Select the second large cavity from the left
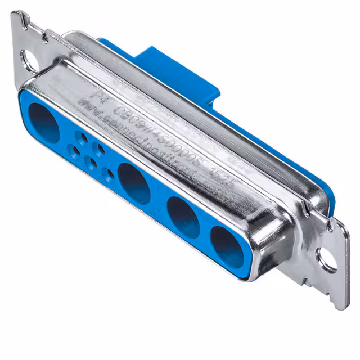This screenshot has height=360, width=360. [134, 183]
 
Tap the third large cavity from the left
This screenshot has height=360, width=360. [183, 214]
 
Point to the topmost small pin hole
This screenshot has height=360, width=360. [84, 136]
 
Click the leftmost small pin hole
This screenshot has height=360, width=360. [74, 150]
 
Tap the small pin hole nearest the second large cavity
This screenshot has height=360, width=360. [109, 173]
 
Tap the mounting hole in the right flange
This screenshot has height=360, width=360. [327, 259]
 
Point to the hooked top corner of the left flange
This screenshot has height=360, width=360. [21, 17]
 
